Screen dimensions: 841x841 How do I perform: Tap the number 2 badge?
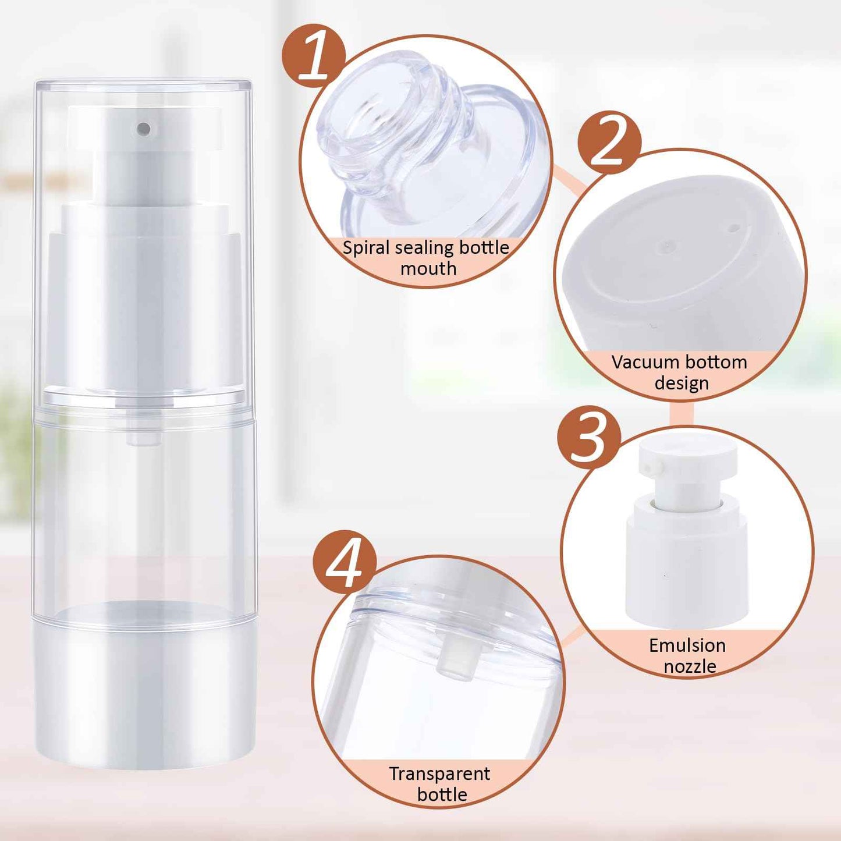coord(609,142)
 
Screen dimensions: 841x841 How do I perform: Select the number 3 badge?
coord(589,437)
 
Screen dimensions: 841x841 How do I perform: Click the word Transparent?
coord(439,773)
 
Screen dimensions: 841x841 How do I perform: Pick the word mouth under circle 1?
coord(428,269)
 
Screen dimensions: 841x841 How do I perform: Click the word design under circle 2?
coord(681,383)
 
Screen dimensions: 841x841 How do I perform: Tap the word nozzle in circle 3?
coord(690,666)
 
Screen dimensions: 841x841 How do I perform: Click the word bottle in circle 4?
coord(442,794)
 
